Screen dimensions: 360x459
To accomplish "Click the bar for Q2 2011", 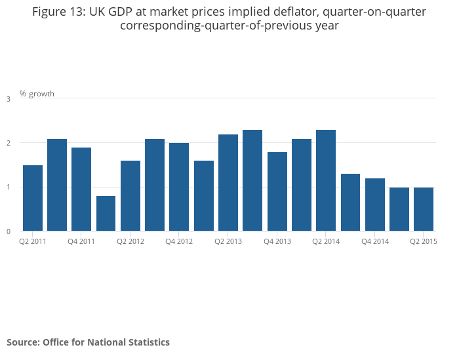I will point(33,198).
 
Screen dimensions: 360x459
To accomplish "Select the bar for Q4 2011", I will point(81,189).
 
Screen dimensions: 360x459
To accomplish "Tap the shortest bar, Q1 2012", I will point(106,213).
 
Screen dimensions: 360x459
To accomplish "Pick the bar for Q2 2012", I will point(130,195).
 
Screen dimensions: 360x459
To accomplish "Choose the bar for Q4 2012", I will point(179,187).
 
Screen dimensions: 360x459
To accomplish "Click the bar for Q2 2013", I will point(228,182).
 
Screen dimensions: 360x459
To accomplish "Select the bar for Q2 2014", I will point(326,180).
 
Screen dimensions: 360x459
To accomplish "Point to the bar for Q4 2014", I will point(375,205).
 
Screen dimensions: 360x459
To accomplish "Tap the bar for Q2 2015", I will point(424,209).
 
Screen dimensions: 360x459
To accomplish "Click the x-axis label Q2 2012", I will point(130,241).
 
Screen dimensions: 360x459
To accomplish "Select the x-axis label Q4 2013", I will point(277,241).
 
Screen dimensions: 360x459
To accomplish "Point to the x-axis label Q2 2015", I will point(424,241).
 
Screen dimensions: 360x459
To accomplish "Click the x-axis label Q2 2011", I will point(33,241).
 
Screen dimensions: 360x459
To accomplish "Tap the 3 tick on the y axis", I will point(9,99).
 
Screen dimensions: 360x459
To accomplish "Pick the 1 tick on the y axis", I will point(9,188).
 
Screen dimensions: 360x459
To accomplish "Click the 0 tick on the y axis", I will point(9,231).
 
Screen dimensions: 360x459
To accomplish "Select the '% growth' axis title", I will point(37,94).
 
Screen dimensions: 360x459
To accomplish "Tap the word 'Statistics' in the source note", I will point(147,342).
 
